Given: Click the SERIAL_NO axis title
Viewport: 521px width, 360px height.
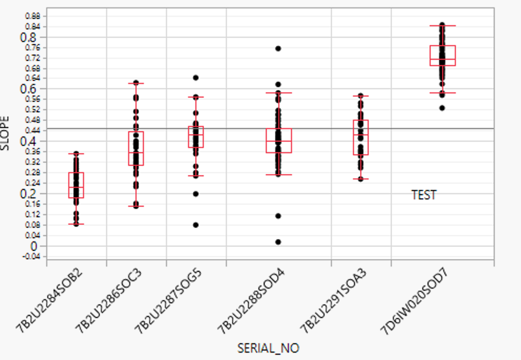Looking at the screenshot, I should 268,348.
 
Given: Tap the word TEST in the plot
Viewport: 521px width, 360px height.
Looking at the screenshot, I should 424,195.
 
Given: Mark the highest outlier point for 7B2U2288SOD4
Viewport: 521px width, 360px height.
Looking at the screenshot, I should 278,48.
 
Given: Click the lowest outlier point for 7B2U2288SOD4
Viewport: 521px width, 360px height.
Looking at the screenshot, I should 278,242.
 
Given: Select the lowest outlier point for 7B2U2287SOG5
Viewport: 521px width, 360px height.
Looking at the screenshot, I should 196,225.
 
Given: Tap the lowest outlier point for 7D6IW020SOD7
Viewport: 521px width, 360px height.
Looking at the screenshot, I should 442,108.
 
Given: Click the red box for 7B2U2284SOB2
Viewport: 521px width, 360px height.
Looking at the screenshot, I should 76,185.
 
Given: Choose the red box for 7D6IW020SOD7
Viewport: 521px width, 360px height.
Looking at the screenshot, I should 442,56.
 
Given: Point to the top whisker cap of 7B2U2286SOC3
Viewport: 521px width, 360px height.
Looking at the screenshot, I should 136,83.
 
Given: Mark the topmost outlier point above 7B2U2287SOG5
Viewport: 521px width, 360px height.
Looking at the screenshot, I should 196,78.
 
